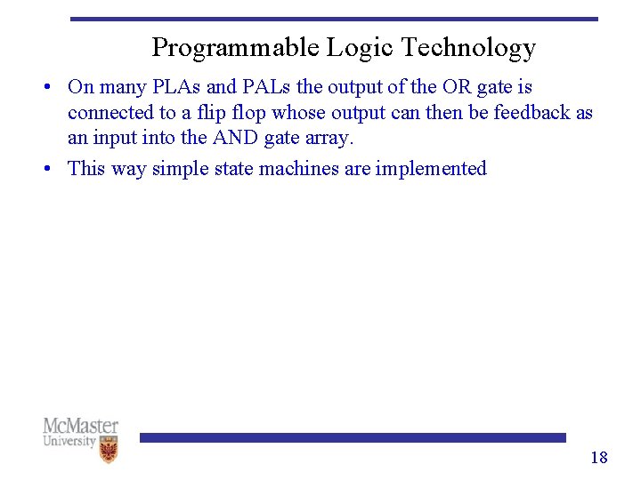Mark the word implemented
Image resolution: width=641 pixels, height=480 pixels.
tap(431, 168)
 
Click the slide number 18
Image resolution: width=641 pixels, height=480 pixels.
tap(599, 458)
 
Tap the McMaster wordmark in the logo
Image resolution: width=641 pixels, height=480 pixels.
tap(80, 426)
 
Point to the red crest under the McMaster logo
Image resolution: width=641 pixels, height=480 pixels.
tap(109, 451)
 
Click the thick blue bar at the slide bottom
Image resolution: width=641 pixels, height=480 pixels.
tap(352, 437)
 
